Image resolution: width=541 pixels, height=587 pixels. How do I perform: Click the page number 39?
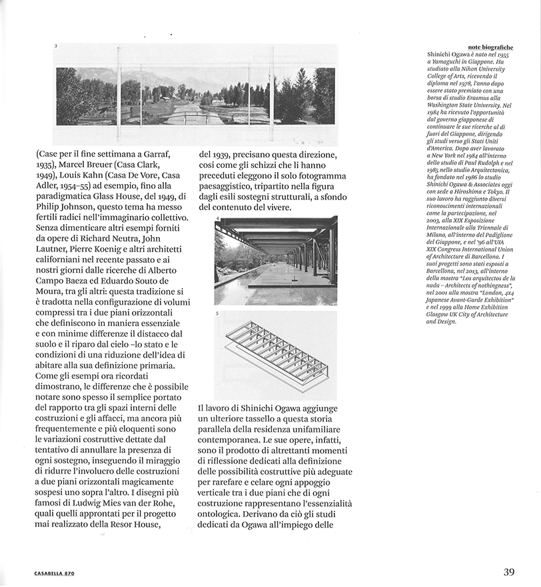pos(508,572)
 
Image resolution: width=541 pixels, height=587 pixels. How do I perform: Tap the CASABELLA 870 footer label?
pos(56,573)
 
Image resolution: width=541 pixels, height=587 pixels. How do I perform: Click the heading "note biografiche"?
pos(490,48)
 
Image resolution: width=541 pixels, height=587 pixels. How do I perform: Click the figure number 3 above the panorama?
pos(55,46)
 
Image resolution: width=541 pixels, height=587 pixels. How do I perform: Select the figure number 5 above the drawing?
pos(217,314)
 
